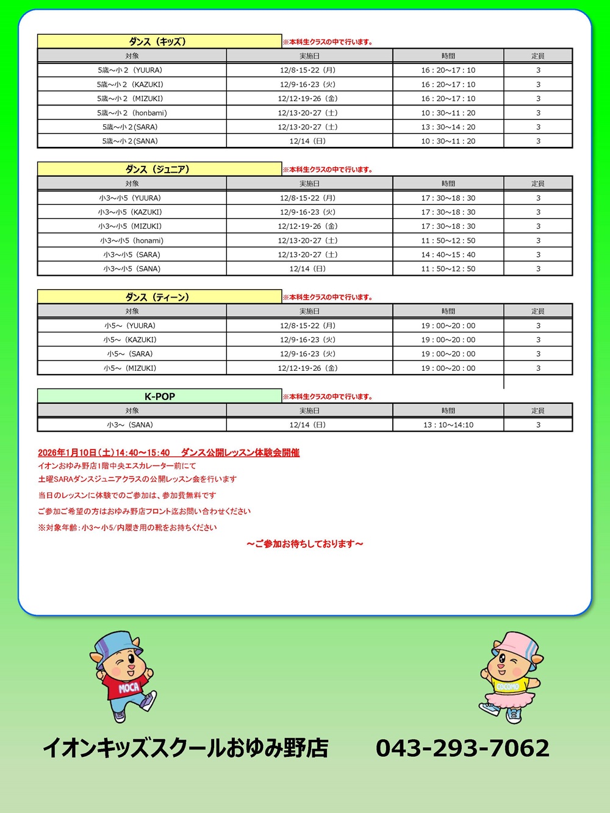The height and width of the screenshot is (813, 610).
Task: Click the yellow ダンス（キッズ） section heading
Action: [159, 41]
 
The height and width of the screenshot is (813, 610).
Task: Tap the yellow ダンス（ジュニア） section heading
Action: [159, 169]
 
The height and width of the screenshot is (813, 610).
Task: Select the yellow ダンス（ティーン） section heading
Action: [159, 297]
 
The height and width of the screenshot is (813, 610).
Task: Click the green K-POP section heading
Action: [159, 396]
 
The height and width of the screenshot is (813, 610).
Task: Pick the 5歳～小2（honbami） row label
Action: [132, 113]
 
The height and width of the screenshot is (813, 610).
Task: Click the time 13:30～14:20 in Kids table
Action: [448, 127]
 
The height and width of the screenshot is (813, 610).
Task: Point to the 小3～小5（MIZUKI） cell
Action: [132, 226]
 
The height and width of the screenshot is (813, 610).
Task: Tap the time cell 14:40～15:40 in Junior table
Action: [448, 255]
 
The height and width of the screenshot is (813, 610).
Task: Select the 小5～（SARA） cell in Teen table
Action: [132, 354]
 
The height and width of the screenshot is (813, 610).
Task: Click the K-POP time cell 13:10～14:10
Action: [448, 425]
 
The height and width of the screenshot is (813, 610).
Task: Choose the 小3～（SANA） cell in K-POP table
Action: [132, 425]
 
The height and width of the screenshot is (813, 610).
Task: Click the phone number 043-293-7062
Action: [462, 748]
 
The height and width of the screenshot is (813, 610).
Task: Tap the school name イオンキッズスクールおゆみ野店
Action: [186, 748]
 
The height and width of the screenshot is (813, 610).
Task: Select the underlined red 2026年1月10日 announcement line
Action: [168, 453]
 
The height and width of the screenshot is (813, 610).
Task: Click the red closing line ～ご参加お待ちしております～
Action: [305, 544]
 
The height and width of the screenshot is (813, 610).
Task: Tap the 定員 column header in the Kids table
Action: [537, 56]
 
